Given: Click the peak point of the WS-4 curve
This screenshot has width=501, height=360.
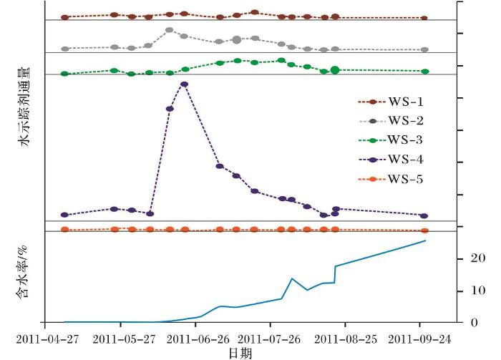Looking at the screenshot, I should pos(185,84).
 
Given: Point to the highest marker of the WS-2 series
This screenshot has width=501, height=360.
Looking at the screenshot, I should pos(169,30).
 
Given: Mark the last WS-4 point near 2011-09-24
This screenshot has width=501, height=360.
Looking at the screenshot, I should pos(424,215).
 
